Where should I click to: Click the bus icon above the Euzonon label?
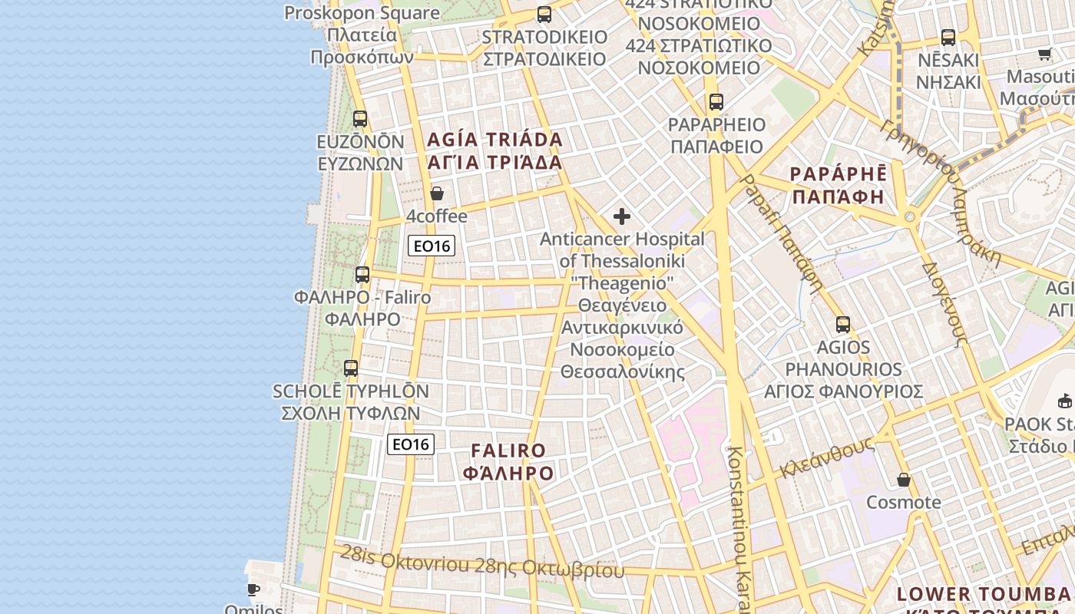[x=360, y=119]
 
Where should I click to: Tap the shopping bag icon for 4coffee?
[x=437, y=193]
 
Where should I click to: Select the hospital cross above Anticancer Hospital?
[x=622, y=216]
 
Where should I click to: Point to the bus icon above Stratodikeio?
[x=544, y=14]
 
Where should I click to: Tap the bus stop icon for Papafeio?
[x=716, y=101]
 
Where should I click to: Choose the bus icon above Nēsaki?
[x=948, y=37]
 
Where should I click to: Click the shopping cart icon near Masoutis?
[x=1044, y=54]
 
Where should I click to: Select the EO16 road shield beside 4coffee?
[x=432, y=246]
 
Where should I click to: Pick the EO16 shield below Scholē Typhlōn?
[x=411, y=444]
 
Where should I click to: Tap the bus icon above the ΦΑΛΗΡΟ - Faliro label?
[x=362, y=274]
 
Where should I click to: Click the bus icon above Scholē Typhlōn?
[x=351, y=368]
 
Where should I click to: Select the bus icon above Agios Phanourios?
[x=843, y=325]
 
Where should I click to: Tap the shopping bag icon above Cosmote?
[x=904, y=480]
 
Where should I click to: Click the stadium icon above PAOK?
[x=1065, y=401]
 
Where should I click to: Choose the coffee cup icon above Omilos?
[x=253, y=589]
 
